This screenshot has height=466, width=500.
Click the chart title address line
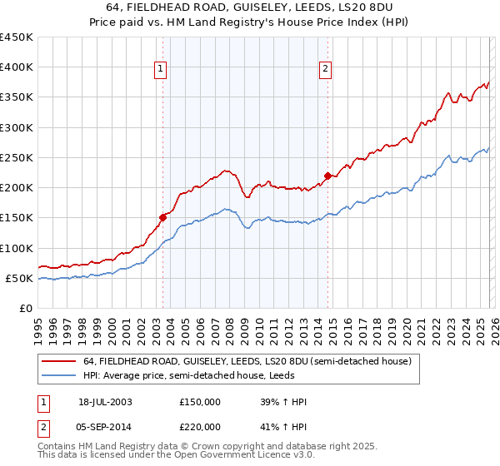250,7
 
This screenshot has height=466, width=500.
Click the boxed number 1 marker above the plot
161,70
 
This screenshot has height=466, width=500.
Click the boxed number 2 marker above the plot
325,70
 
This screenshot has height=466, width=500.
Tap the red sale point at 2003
163,216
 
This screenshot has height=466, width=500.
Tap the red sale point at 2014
327,175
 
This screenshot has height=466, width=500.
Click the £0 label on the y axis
25,308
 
